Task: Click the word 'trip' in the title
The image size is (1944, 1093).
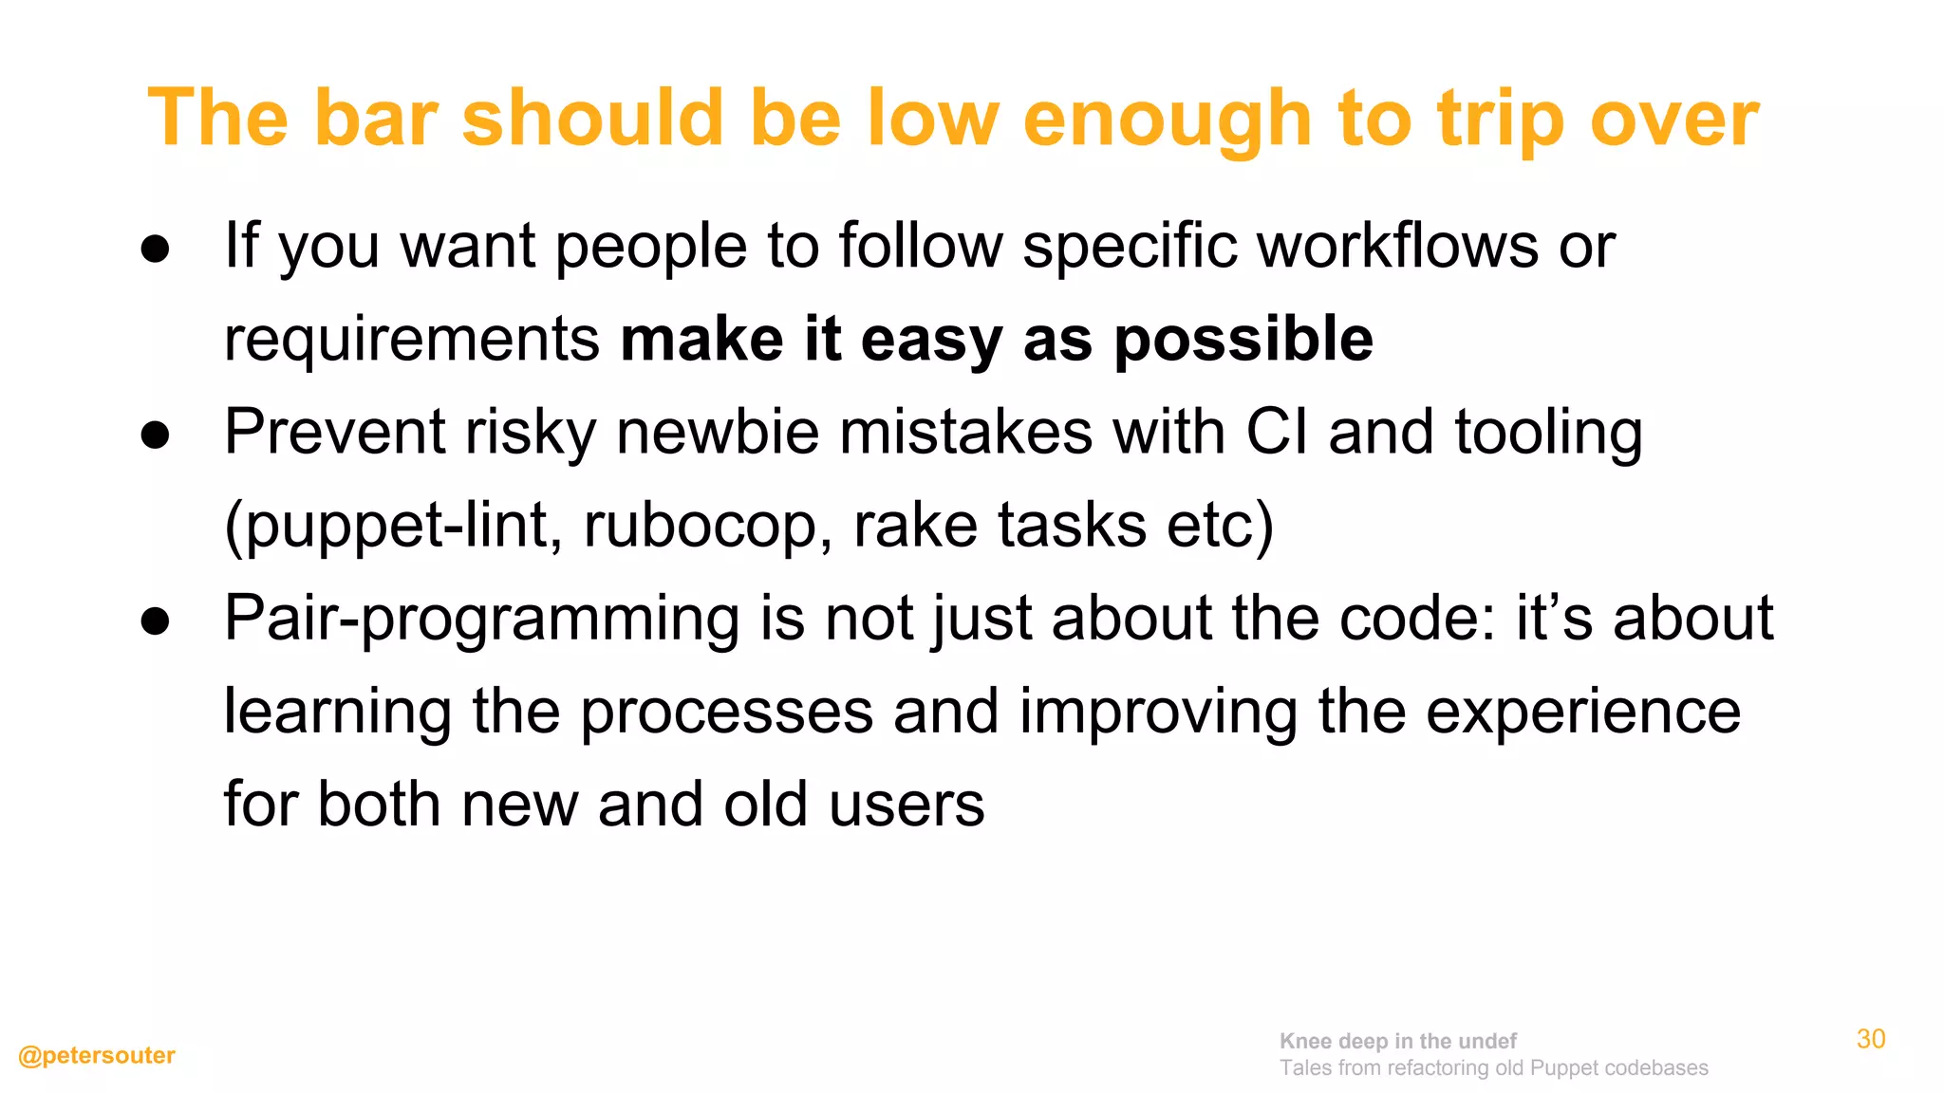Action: pyautogui.click(x=1500, y=120)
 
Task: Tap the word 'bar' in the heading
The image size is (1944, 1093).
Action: pyautogui.click(x=376, y=120)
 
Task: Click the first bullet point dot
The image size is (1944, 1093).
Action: pyautogui.click(x=155, y=250)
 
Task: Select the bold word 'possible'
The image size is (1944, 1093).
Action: pyautogui.click(x=1243, y=339)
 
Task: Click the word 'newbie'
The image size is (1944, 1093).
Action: pyautogui.click(x=718, y=432)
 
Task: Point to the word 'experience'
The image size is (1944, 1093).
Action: pyautogui.click(x=1583, y=713)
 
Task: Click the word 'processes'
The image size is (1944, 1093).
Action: pyautogui.click(x=726, y=713)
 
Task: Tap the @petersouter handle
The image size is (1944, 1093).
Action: pyautogui.click(x=97, y=1055)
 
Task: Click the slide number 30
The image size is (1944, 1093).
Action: pyautogui.click(x=1871, y=1039)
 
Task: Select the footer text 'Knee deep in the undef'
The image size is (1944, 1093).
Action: pyautogui.click(x=1397, y=1041)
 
